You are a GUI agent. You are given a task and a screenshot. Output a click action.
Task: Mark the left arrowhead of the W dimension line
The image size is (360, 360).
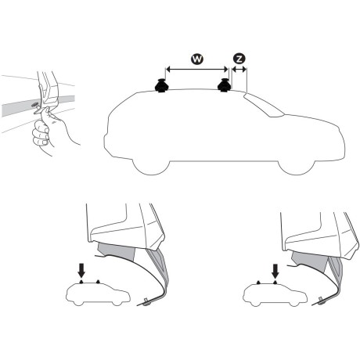click(167, 69)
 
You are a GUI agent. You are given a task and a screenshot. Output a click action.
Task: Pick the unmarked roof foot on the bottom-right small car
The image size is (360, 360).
click(257, 281)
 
